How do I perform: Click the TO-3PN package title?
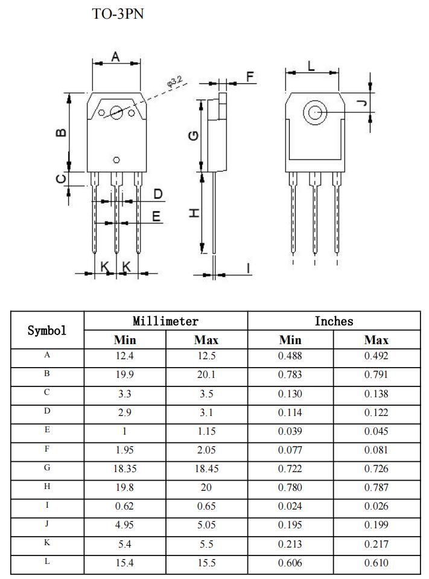[x=118, y=14]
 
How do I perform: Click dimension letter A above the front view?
[x=116, y=57]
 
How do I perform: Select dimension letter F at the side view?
[x=250, y=77]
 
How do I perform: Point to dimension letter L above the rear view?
[x=311, y=66]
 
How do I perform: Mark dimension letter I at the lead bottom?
[x=247, y=267]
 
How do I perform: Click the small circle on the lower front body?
[x=116, y=160]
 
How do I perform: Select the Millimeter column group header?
[x=165, y=321]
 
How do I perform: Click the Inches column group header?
[x=334, y=321]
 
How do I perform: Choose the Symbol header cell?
[x=47, y=330]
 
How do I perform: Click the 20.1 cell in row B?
[x=206, y=374]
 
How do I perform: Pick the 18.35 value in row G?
[x=125, y=469]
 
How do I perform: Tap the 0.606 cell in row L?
[x=290, y=563]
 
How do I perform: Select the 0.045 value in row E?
[x=377, y=431]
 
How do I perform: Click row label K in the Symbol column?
[x=47, y=543]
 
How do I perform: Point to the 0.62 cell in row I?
[x=125, y=506]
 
